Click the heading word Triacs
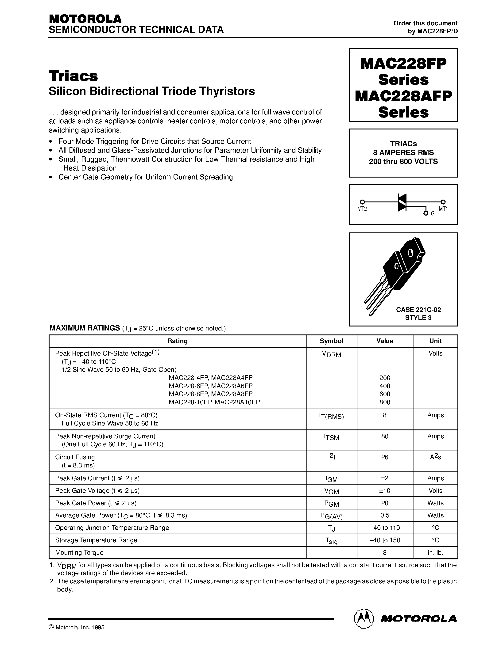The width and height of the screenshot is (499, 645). pos(73,76)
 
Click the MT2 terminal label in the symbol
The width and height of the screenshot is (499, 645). pos(362,209)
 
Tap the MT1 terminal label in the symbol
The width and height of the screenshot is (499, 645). pos(443,209)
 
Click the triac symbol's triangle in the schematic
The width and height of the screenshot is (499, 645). pos(402,203)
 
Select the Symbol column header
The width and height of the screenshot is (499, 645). pos(331,341)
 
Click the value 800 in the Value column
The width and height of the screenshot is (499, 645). pos(385,402)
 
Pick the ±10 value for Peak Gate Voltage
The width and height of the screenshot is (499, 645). pos(385,490)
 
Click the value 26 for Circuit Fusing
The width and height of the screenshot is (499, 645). pos(385,457)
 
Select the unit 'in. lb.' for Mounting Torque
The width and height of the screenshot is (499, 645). pos(435,553)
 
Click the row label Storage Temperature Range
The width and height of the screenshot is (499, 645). pos(96,540)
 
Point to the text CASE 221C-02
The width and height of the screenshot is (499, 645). pos(418,310)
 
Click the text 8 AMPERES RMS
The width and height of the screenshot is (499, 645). pos(403,152)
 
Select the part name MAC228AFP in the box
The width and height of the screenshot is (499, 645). pos(403,96)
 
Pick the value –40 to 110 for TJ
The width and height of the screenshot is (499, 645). pos(385,528)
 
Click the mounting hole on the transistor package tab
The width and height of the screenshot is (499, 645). pos(410,253)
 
